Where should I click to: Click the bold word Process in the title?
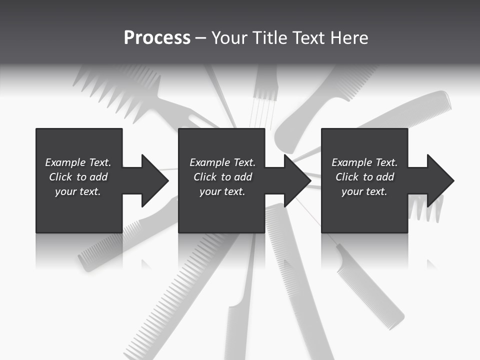click(x=157, y=38)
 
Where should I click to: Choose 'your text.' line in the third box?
click(x=364, y=191)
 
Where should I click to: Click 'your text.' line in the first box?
click(x=78, y=191)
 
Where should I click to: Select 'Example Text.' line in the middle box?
click(x=222, y=162)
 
